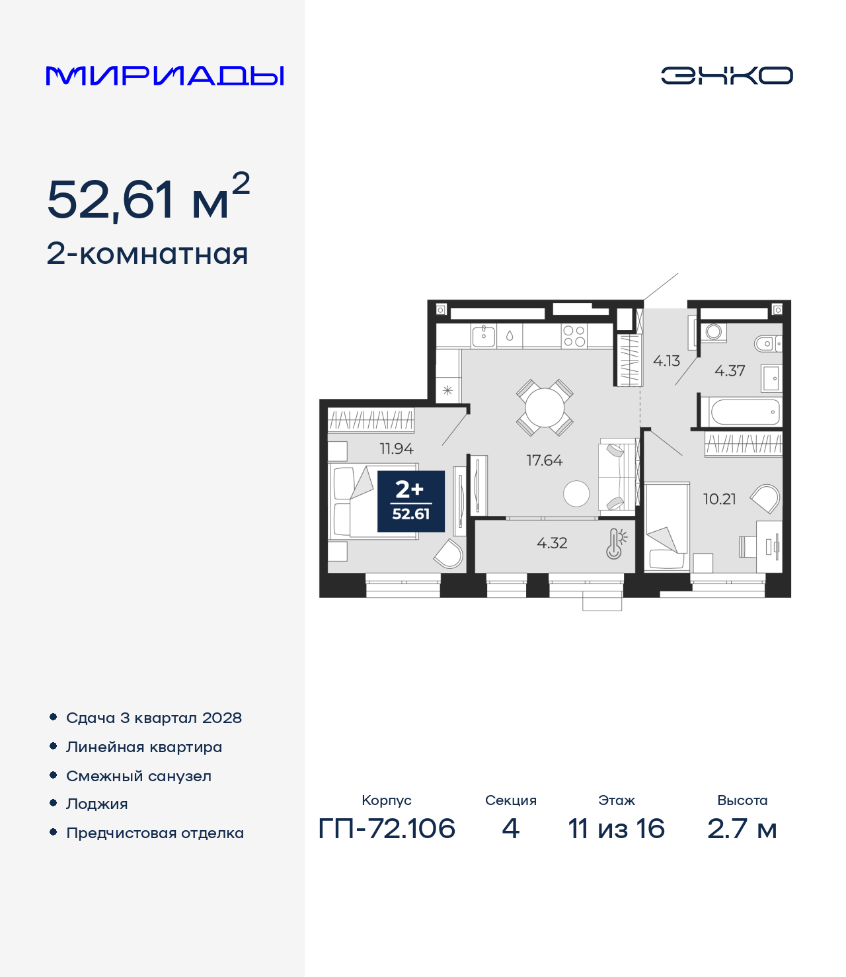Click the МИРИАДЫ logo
[x=165, y=75]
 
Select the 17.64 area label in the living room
[x=545, y=460]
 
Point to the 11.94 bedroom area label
[x=397, y=448]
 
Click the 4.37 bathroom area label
[x=730, y=371]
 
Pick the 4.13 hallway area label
[x=666, y=361]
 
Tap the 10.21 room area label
[x=719, y=499]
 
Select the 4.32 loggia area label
[x=552, y=543]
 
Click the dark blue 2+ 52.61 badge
[x=411, y=501]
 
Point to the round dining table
[x=545, y=408]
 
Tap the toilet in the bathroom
[x=768, y=343]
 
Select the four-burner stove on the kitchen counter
[x=574, y=336]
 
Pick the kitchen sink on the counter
[x=483, y=336]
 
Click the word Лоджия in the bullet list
[x=97, y=804]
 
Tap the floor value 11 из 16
[x=617, y=829]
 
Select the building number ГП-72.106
[x=387, y=829]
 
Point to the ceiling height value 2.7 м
[x=742, y=829]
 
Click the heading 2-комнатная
[x=147, y=254]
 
